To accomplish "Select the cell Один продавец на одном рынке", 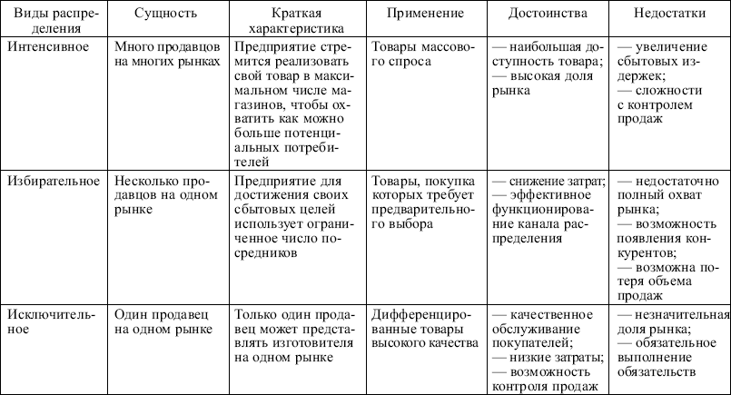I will pyautogui.click(x=162, y=322).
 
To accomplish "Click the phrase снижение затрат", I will pyautogui.click(x=554, y=181).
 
